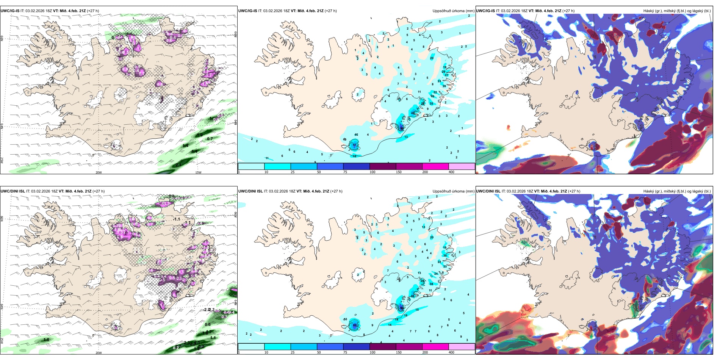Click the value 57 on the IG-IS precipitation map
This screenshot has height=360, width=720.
[x=355, y=145]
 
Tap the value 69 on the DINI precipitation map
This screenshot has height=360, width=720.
[x=355, y=325]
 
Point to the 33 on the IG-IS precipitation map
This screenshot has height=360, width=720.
[x=431, y=103]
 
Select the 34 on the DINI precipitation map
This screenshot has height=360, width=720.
[x=431, y=284]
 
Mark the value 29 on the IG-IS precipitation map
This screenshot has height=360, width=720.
[x=443, y=72]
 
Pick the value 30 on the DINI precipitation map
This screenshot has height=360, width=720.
[x=445, y=256]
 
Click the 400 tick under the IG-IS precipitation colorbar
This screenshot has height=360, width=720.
[x=451, y=172]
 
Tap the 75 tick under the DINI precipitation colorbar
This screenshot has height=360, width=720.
[x=346, y=352]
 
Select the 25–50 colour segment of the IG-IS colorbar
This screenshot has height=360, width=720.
[x=304, y=166]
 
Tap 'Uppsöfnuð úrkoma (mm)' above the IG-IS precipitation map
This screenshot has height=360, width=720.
[x=453, y=11]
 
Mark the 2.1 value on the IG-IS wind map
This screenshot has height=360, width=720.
[x=179, y=164]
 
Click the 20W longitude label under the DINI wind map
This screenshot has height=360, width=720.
[x=99, y=353]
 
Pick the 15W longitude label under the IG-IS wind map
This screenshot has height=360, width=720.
[x=198, y=172]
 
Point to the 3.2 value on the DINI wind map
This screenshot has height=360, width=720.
[x=187, y=343]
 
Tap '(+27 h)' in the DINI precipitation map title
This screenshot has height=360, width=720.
[x=336, y=191]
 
